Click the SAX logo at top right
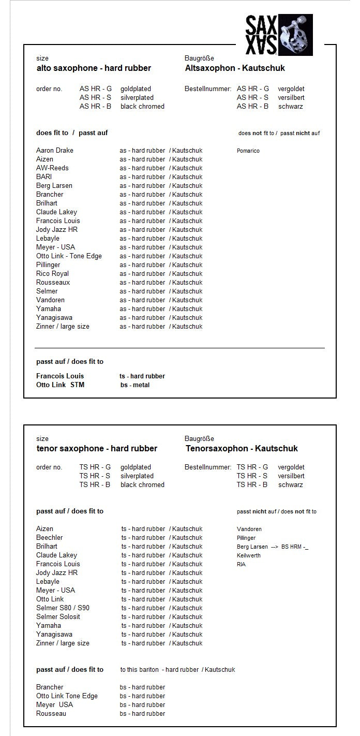coord(279,35)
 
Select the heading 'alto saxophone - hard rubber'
coord(94,68)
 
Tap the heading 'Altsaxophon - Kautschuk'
coord(235,68)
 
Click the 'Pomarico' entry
coord(248,151)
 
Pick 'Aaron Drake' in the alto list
coord(55,151)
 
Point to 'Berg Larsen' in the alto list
coord(54,186)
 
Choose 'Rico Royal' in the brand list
coord(52,274)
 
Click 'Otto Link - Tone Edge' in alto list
coord(69,256)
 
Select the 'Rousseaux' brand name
coord(53,283)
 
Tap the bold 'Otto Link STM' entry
coord(60,385)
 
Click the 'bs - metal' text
coord(135,385)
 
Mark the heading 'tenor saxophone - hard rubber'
coord(97,448)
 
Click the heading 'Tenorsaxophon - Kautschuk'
coord(242,448)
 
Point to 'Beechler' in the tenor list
coord(50,538)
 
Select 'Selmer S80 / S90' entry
coord(63,608)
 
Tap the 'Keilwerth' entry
coord(249,555)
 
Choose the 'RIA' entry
coord(242,564)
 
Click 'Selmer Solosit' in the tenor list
coord(58,617)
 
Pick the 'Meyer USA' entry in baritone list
coord(54,705)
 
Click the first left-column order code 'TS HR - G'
coord(95,467)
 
